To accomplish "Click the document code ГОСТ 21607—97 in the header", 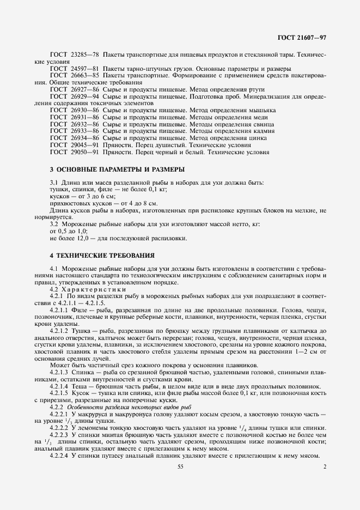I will [x=301, y=39].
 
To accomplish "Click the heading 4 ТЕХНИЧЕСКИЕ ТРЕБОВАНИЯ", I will [x=102, y=256].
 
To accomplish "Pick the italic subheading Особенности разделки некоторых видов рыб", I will [x=126, y=406].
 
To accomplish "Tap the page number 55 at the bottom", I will [x=180, y=466].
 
